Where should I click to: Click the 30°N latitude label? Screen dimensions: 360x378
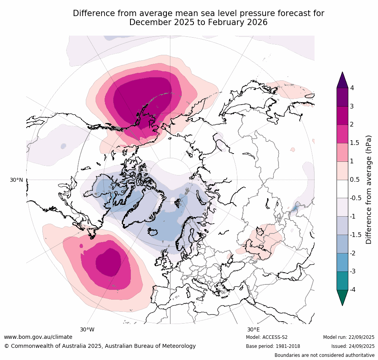16,180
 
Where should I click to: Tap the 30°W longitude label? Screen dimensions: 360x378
87,329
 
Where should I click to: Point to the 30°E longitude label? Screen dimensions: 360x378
253,329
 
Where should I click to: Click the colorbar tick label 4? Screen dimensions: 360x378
352,88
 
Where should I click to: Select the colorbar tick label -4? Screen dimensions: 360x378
353,289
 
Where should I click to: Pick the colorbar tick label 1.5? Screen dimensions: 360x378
354,143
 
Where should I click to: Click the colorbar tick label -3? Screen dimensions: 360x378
353,271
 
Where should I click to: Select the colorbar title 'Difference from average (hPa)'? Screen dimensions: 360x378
369,190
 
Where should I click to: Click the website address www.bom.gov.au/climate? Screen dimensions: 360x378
38,337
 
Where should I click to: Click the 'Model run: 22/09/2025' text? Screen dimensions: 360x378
349,337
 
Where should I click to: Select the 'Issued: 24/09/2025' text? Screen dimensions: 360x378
353,346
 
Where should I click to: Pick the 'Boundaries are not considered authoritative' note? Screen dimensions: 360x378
324,355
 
